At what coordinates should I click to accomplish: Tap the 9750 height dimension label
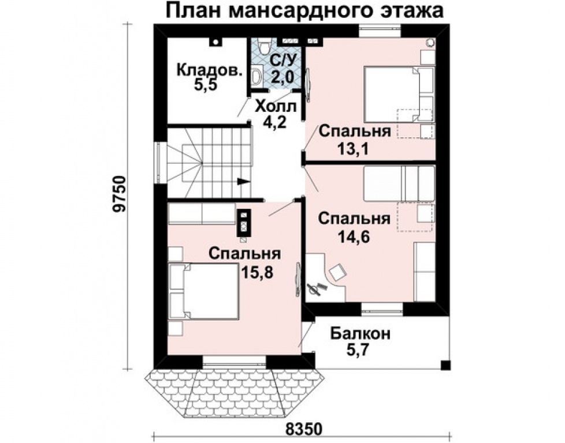pyautogui.click(x=120, y=199)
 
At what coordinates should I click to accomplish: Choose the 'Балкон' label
pyautogui.click(x=360, y=333)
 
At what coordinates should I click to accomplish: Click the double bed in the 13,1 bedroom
pyautogui.click(x=392, y=93)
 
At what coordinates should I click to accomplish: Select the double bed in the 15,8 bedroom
pyautogui.click(x=205, y=291)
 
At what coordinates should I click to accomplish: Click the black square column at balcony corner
pyautogui.click(x=445, y=365)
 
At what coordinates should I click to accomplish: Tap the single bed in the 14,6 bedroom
pyautogui.click(x=398, y=182)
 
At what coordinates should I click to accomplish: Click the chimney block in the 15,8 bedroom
pyautogui.click(x=244, y=222)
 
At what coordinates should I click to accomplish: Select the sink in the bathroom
pyautogui.click(x=257, y=76)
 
